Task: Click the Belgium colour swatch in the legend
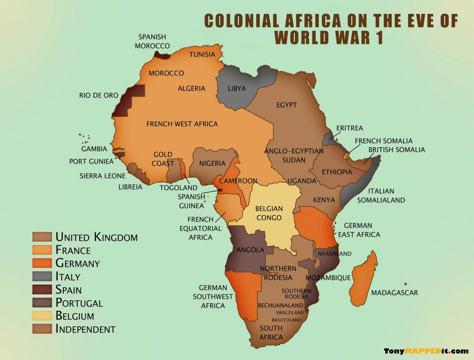click(x=42, y=316)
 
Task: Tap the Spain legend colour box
click(x=42, y=290)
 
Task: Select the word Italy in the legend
click(x=68, y=277)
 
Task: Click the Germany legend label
click(x=77, y=263)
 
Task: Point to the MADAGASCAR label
click(x=394, y=292)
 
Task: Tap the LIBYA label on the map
click(x=237, y=88)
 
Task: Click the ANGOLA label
click(x=250, y=250)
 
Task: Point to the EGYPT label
click(x=287, y=105)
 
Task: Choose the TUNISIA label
click(x=202, y=54)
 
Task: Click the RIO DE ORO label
click(x=96, y=96)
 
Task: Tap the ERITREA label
click(x=349, y=128)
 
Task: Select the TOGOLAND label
click(x=178, y=188)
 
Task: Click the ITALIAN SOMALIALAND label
click(x=380, y=196)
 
